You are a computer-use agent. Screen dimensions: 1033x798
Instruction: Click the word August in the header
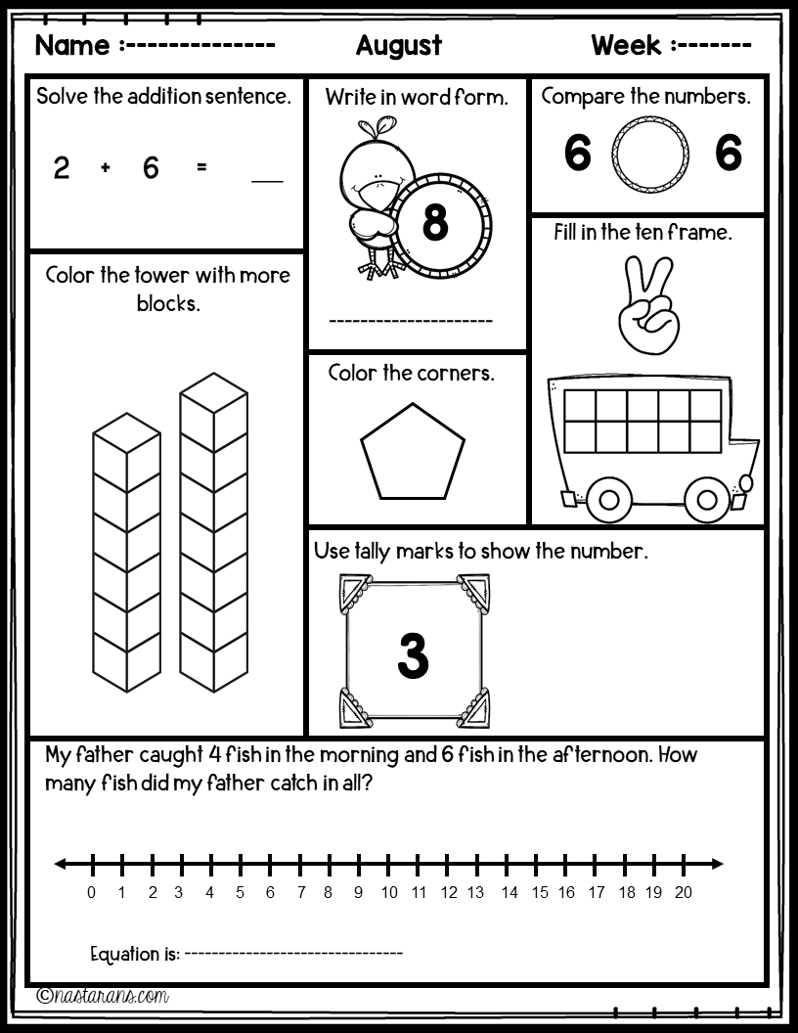tap(398, 45)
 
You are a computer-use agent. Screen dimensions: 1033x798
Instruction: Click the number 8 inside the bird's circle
tap(435, 224)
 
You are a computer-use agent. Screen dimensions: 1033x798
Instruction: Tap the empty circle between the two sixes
tap(649, 155)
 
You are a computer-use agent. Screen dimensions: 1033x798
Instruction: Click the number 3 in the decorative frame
tap(414, 656)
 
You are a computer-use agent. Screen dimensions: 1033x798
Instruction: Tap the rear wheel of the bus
tap(608, 500)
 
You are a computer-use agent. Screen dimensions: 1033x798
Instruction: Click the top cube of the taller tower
tap(213, 398)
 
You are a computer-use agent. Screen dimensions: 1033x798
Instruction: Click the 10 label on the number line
tap(389, 892)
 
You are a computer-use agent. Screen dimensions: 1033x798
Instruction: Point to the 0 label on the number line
tap(92, 892)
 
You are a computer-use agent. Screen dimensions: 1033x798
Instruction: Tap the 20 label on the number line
tap(684, 892)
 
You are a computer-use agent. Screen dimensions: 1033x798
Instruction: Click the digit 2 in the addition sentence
tap(62, 168)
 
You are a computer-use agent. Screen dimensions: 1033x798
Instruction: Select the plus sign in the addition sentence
tap(106, 168)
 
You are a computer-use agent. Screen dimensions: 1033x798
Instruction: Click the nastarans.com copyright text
tap(103, 996)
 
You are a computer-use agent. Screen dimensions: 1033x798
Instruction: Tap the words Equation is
tap(134, 954)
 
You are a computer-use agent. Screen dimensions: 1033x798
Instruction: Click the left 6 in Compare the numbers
tap(578, 155)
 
